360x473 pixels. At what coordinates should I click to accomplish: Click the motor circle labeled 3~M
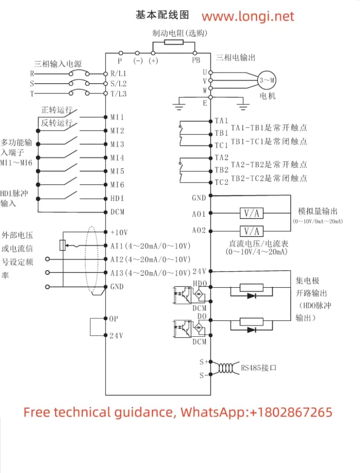click(x=267, y=80)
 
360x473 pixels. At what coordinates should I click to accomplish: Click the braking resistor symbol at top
click(x=174, y=42)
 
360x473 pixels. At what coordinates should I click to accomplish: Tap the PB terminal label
click(x=196, y=60)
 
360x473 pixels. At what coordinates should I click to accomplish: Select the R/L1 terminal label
click(x=118, y=73)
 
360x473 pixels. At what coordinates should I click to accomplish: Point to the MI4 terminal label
click(x=117, y=158)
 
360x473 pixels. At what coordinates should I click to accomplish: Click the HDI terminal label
click(x=117, y=198)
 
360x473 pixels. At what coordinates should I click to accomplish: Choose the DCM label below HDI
click(x=117, y=212)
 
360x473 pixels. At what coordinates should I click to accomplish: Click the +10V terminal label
click(x=119, y=232)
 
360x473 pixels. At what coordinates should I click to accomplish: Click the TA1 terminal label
click(x=221, y=121)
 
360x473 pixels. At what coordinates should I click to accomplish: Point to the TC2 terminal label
click(x=221, y=182)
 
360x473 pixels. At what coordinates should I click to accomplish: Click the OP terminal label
click(x=114, y=318)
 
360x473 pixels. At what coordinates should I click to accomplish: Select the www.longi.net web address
click(x=248, y=17)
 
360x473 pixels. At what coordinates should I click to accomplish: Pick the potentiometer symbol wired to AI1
click(x=62, y=245)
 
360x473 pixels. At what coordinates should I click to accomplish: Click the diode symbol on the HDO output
click(x=252, y=296)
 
